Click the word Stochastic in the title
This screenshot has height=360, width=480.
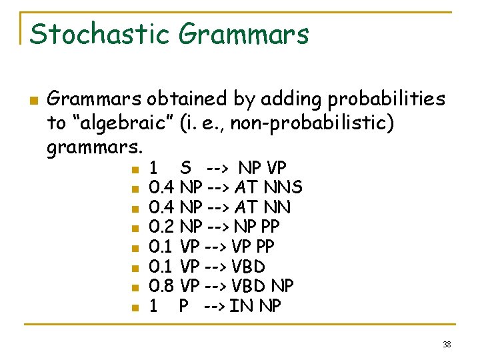pos(97,33)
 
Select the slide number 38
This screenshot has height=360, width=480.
pos(447,344)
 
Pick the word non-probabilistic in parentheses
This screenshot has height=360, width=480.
pos(313,123)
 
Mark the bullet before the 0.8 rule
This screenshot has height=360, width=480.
pos(134,288)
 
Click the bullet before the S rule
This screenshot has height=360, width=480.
pos(134,168)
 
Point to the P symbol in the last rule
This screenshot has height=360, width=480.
pos(184,307)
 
